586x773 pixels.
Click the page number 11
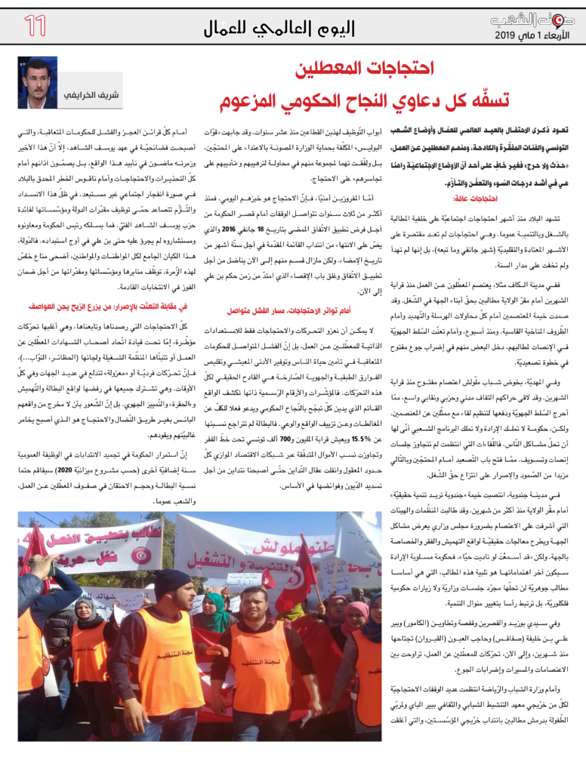click(x=35, y=26)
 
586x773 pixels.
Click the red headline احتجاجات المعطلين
click(x=365, y=70)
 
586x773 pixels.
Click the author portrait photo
click(x=38, y=82)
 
